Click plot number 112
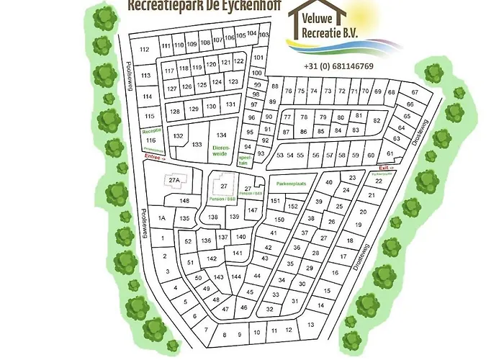click(x=144, y=49)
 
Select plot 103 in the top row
click(x=264, y=35)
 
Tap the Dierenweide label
click(x=220, y=149)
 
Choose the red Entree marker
click(x=155, y=156)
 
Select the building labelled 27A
click(x=173, y=180)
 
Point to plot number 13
click(x=310, y=325)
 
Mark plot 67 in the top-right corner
click(x=414, y=93)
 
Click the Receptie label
click(x=150, y=131)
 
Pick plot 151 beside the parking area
click(x=275, y=201)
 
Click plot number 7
click(x=207, y=330)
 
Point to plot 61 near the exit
click(x=390, y=154)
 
